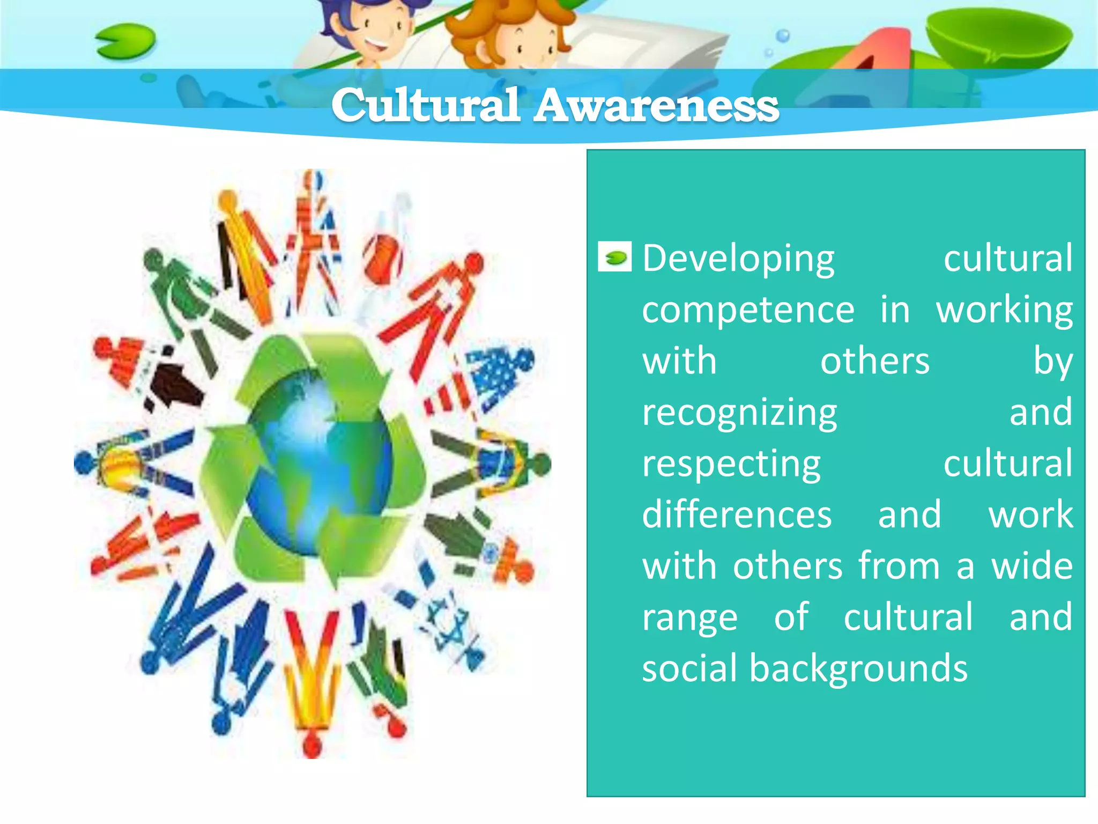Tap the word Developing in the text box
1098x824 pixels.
click(x=738, y=259)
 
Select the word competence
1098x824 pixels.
click(x=748, y=310)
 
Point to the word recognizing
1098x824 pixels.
click(x=739, y=413)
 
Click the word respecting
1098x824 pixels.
click(x=731, y=464)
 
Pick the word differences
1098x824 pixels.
click(x=737, y=514)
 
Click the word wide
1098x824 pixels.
click(x=1032, y=566)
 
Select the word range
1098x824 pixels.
click(x=690, y=618)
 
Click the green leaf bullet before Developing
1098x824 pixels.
click(x=614, y=259)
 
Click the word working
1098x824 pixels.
click(x=1004, y=310)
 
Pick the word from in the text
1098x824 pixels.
click(x=899, y=566)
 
